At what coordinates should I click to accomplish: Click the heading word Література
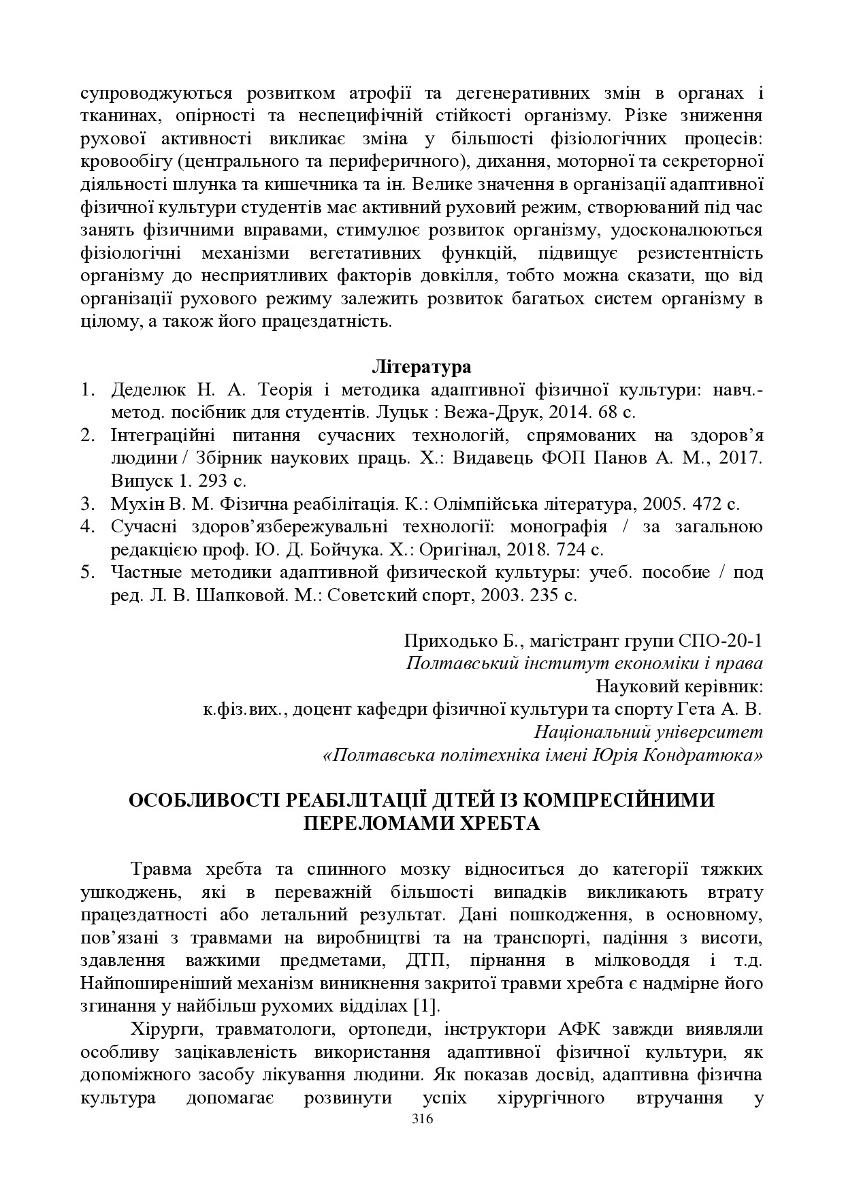point(421,367)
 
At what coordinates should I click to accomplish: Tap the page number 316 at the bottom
point(422,1120)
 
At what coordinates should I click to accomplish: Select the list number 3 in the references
point(86,504)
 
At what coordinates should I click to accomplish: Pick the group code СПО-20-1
point(721,641)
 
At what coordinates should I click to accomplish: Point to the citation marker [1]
point(427,1006)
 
